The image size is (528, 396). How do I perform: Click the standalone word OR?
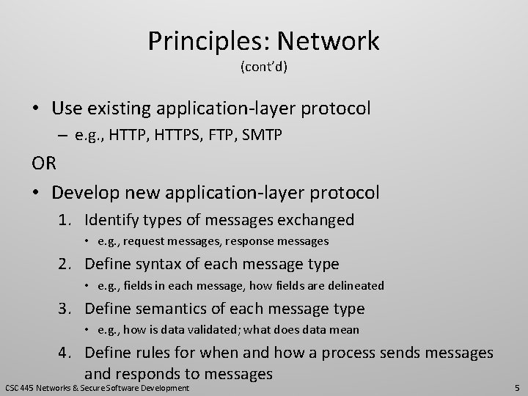click(x=43, y=164)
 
